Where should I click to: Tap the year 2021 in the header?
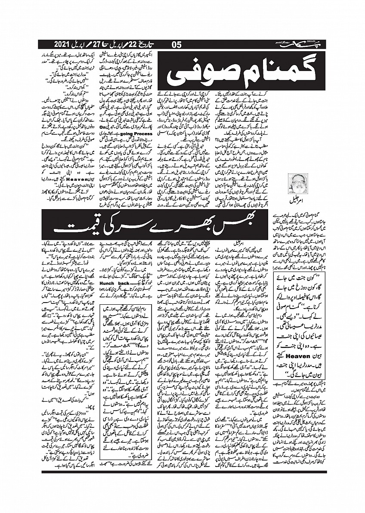64,44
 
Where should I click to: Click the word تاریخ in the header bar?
149,44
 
